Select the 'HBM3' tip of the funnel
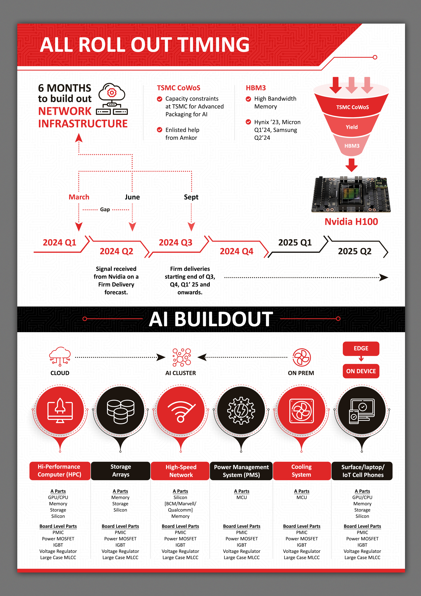point(352,146)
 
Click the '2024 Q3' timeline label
point(176,242)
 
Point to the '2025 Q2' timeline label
point(355,251)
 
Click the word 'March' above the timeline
point(79,197)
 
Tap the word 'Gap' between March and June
point(105,209)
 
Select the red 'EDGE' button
point(361,348)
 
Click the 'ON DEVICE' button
point(361,371)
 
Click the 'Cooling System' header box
point(301,471)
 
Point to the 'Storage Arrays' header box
point(121,471)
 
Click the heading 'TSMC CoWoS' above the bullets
point(179,88)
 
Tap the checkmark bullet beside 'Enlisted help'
point(160,130)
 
